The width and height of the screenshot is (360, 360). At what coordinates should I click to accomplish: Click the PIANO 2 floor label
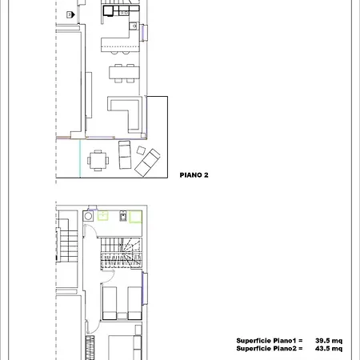(194, 175)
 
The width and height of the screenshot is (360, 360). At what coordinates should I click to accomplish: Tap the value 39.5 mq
(329, 341)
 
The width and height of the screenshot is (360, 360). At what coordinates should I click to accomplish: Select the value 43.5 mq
(329, 348)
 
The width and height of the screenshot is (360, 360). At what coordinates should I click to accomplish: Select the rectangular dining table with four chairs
(124, 73)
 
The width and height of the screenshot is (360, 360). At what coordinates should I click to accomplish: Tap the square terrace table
(98, 160)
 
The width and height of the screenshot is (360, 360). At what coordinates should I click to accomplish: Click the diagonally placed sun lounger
(147, 162)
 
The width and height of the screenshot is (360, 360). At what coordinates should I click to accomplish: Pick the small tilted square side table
(141, 150)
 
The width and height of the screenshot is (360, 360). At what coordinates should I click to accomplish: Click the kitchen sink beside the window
(134, 26)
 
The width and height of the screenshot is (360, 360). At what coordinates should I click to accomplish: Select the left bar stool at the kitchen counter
(114, 52)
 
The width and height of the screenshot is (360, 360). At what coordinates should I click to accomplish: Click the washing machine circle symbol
(88, 216)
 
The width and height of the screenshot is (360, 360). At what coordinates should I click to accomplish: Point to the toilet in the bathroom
(122, 215)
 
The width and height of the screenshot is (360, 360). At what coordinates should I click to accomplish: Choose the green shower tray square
(135, 217)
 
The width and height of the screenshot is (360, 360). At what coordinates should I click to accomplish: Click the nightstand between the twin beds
(122, 316)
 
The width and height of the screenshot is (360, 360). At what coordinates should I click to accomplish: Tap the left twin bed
(110, 303)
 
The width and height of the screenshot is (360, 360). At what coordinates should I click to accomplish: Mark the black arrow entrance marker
(70, 14)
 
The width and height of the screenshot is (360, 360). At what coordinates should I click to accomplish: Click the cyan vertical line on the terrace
(80, 158)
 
